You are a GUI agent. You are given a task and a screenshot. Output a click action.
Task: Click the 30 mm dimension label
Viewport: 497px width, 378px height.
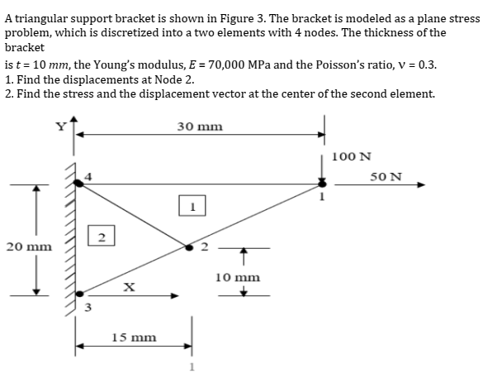[199, 127]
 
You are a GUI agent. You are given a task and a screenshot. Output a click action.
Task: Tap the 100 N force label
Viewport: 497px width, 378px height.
[351, 156]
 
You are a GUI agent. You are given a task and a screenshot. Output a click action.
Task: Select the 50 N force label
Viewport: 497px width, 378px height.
[386, 176]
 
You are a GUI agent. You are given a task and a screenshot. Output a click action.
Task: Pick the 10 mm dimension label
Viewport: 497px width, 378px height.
[238, 277]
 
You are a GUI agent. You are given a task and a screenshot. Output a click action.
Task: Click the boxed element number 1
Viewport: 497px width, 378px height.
[191, 203]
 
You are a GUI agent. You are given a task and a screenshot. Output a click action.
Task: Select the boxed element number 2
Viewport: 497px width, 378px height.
[100, 238]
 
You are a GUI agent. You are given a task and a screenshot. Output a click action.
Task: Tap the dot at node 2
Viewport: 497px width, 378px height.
[189, 246]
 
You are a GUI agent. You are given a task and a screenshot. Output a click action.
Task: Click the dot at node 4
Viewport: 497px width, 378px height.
[79, 183]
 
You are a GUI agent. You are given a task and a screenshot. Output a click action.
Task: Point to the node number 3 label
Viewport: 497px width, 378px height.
[81, 310]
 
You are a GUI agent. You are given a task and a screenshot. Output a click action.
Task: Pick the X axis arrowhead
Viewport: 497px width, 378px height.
[175, 295]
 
